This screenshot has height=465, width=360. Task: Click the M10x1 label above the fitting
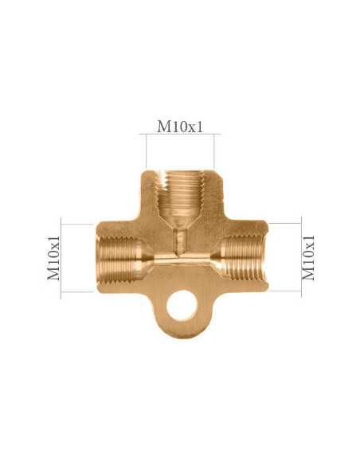pos(179,126)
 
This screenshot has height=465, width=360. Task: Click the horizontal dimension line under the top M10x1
pos(179,136)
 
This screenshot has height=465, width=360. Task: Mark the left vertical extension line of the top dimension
pos(143,151)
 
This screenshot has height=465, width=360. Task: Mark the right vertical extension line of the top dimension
pos(216,151)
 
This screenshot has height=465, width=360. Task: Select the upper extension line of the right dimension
pos(284,224)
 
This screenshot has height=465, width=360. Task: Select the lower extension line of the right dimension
pos(284,292)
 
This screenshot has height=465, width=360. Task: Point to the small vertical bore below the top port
pos(180,238)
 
